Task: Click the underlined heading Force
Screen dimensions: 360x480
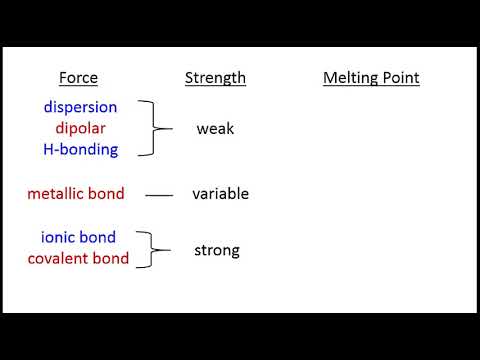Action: (x=79, y=77)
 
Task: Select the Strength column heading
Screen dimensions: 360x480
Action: (x=215, y=77)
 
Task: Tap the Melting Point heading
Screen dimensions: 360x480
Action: (x=371, y=77)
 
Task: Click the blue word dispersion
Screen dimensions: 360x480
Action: (x=80, y=107)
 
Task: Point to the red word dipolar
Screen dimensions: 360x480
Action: (x=80, y=128)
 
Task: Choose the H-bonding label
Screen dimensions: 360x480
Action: (x=80, y=149)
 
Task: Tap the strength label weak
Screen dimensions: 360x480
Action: (x=215, y=128)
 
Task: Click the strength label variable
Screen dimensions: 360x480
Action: (x=220, y=193)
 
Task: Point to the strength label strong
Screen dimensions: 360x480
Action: (x=217, y=249)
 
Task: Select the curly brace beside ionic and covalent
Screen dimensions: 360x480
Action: (x=150, y=249)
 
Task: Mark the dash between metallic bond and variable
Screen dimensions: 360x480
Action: (x=159, y=195)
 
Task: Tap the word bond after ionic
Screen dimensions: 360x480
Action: (x=99, y=238)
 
